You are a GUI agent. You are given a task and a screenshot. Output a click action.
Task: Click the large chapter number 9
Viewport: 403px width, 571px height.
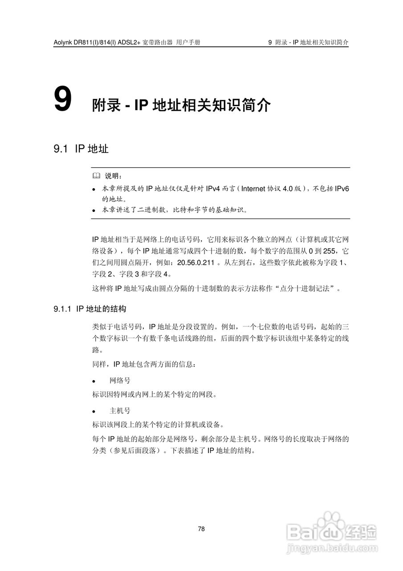pyautogui.click(x=62, y=99)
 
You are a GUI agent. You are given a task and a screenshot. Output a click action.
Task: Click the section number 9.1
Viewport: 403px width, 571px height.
pyautogui.click(x=60, y=149)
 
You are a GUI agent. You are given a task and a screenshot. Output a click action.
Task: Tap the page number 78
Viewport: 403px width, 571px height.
pyautogui.click(x=201, y=529)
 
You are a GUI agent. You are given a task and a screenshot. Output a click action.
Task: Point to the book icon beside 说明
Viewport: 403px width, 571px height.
pyautogui.click(x=96, y=176)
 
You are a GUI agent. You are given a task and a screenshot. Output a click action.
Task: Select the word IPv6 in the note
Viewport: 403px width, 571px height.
pyautogui.click(x=342, y=189)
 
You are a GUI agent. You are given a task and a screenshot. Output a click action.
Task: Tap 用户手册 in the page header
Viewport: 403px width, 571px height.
pyautogui.click(x=188, y=42)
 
